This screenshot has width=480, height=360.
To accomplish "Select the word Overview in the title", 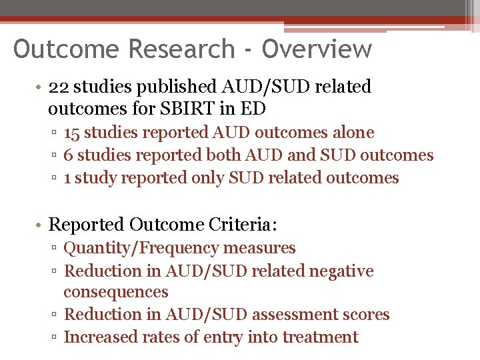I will pos(317,49).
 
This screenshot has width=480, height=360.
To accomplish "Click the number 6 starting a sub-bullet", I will pos(68,155).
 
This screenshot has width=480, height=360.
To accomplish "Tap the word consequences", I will pos(116,292).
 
